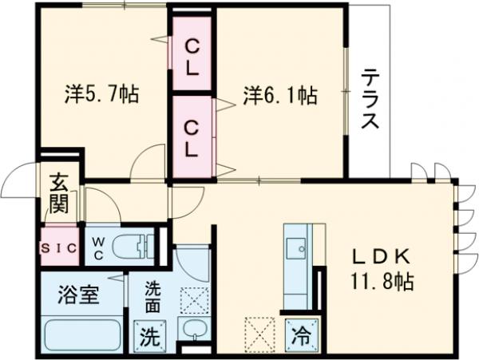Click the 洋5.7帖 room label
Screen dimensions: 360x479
pyautogui.click(x=101, y=95)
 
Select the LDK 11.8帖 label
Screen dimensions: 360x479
pyautogui.click(x=382, y=268)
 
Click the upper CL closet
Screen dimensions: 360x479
pyautogui.click(x=192, y=57)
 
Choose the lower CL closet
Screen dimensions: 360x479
pyautogui.click(x=192, y=136)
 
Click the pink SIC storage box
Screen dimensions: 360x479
pyautogui.click(x=58, y=248)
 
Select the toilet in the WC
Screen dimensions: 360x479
pyautogui.click(x=133, y=248)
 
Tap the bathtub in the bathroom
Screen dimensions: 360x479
pyautogui.click(x=81, y=334)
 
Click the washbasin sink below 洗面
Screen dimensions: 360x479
pyautogui.click(x=192, y=331)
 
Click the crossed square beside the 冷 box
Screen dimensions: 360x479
pyautogui.click(x=259, y=333)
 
